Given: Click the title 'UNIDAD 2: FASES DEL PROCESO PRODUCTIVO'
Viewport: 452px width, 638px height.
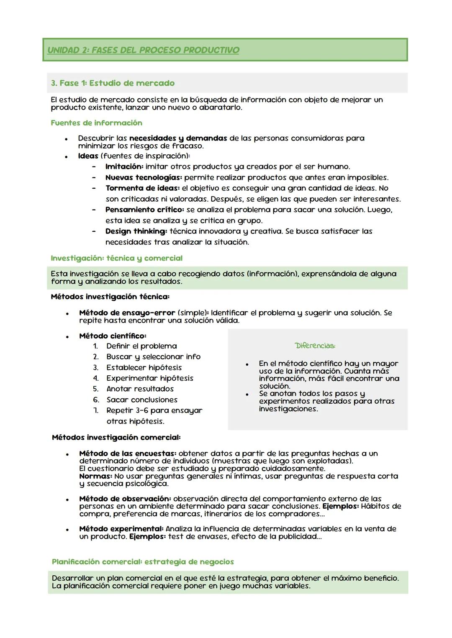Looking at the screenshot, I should click(143, 50).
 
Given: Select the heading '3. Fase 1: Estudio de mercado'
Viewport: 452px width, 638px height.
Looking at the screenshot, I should click(113, 83).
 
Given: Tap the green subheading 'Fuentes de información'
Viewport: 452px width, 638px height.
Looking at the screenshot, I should click(96, 123).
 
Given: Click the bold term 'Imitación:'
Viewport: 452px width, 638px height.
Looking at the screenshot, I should click(124, 167).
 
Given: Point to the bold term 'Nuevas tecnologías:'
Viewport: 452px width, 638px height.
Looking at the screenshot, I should click(144, 177).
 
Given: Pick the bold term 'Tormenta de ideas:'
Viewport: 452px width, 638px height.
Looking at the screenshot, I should click(142, 188).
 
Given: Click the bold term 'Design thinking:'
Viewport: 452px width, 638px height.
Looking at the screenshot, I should click(136, 231).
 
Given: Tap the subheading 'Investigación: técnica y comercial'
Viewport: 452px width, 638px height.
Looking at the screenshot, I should click(116, 258).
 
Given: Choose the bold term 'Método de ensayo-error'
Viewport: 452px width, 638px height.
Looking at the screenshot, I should click(127, 313).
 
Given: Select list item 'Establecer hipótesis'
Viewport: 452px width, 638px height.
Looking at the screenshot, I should click(144, 368).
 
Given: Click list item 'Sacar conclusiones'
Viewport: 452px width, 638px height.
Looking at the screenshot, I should click(142, 400).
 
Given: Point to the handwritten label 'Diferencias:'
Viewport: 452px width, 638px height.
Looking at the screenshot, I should click(315, 346).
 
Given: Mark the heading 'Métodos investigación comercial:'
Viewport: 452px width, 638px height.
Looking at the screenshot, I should click(116, 438).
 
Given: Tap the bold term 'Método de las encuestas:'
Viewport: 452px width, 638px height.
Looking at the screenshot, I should click(128, 454).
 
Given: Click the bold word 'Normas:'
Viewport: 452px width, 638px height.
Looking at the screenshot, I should click(95, 476).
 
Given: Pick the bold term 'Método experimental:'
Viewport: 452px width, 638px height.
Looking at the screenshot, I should click(121, 529).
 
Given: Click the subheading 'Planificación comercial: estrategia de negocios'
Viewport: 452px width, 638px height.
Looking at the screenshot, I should click(143, 562).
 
